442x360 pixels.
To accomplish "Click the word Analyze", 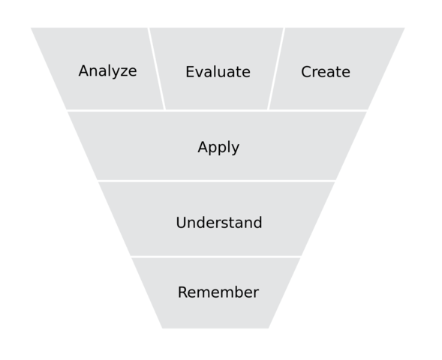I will [x=107, y=71].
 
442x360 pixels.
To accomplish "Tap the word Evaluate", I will [x=218, y=72].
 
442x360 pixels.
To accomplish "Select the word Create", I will [x=326, y=72].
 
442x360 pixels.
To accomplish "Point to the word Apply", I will [x=218, y=147].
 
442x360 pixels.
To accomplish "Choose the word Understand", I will [x=218, y=223].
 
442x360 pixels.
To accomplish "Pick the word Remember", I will [x=218, y=292].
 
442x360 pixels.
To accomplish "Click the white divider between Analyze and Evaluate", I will [x=157, y=69].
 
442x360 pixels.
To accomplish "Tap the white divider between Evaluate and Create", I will [x=276, y=69].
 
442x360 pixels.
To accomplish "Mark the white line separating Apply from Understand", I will [x=217, y=181].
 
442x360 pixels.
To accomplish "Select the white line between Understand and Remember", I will [x=217, y=256].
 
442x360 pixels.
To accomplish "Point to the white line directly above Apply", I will [x=218, y=111].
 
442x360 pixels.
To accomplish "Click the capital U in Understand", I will [x=181, y=223].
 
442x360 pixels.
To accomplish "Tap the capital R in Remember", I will [x=182, y=292].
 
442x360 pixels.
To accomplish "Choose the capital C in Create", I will [x=306, y=72].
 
